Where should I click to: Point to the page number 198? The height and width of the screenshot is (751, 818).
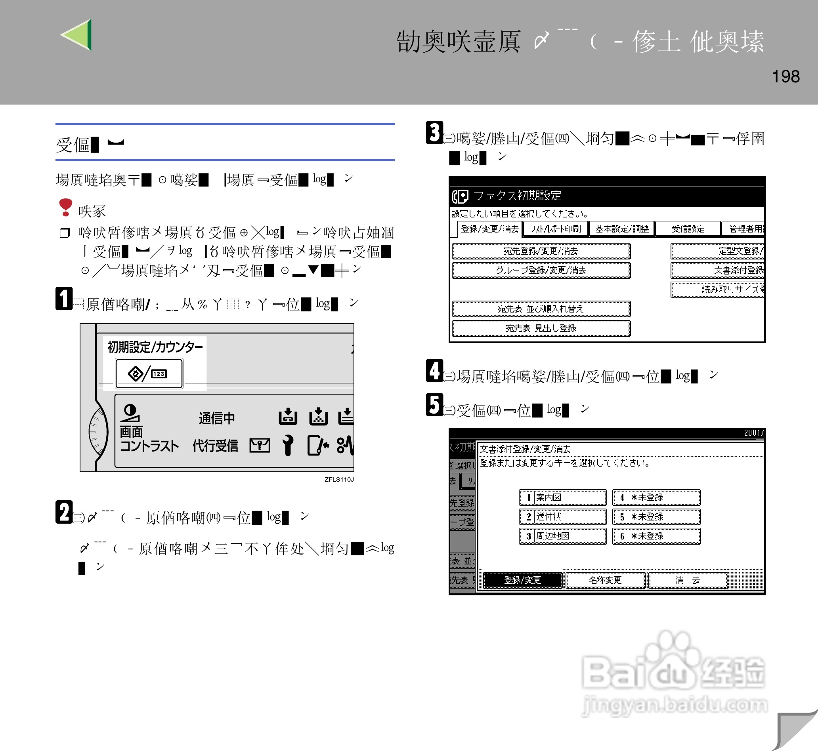coord(786,76)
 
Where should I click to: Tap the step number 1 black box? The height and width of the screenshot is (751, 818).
coord(64,299)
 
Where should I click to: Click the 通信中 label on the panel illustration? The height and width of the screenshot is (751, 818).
coord(216,418)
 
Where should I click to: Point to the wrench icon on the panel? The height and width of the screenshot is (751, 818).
coord(288,445)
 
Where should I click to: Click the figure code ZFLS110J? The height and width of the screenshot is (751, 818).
coord(339,480)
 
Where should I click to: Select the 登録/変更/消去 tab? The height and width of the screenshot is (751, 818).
coord(489,229)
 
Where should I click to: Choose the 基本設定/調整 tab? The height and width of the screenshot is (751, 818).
coord(622,229)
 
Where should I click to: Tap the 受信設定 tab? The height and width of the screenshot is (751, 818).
coord(688,229)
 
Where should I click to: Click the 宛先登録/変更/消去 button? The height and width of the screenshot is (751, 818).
coord(541,251)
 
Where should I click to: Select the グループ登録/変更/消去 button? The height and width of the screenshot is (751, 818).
coord(541,270)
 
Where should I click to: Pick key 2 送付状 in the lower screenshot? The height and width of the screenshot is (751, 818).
coord(563,517)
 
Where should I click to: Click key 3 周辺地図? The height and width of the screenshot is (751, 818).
coord(563,536)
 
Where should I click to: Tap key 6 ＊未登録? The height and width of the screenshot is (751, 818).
coord(656,536)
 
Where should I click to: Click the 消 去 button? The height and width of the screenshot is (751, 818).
coord(687,580)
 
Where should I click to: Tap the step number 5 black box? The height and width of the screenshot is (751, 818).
coord(434,405)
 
